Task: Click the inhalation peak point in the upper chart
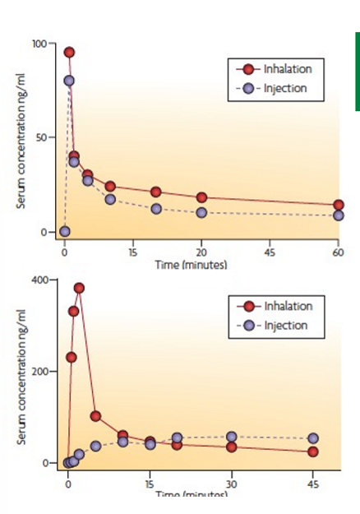[x=69, y=52]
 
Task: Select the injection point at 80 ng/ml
[x=69, y=81]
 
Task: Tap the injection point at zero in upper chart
[x=65, y=231]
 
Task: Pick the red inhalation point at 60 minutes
[x=338, y=205]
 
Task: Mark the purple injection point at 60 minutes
[x=338, y=215]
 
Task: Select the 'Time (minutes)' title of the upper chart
[x=191, y=264]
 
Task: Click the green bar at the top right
[x=357, y=72]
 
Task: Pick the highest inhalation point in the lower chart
[x=79, y=288]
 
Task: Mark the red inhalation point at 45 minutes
[x=313, y=451]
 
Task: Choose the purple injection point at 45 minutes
[x=313, y=439]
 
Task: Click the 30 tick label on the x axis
[x=231, y=484]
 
